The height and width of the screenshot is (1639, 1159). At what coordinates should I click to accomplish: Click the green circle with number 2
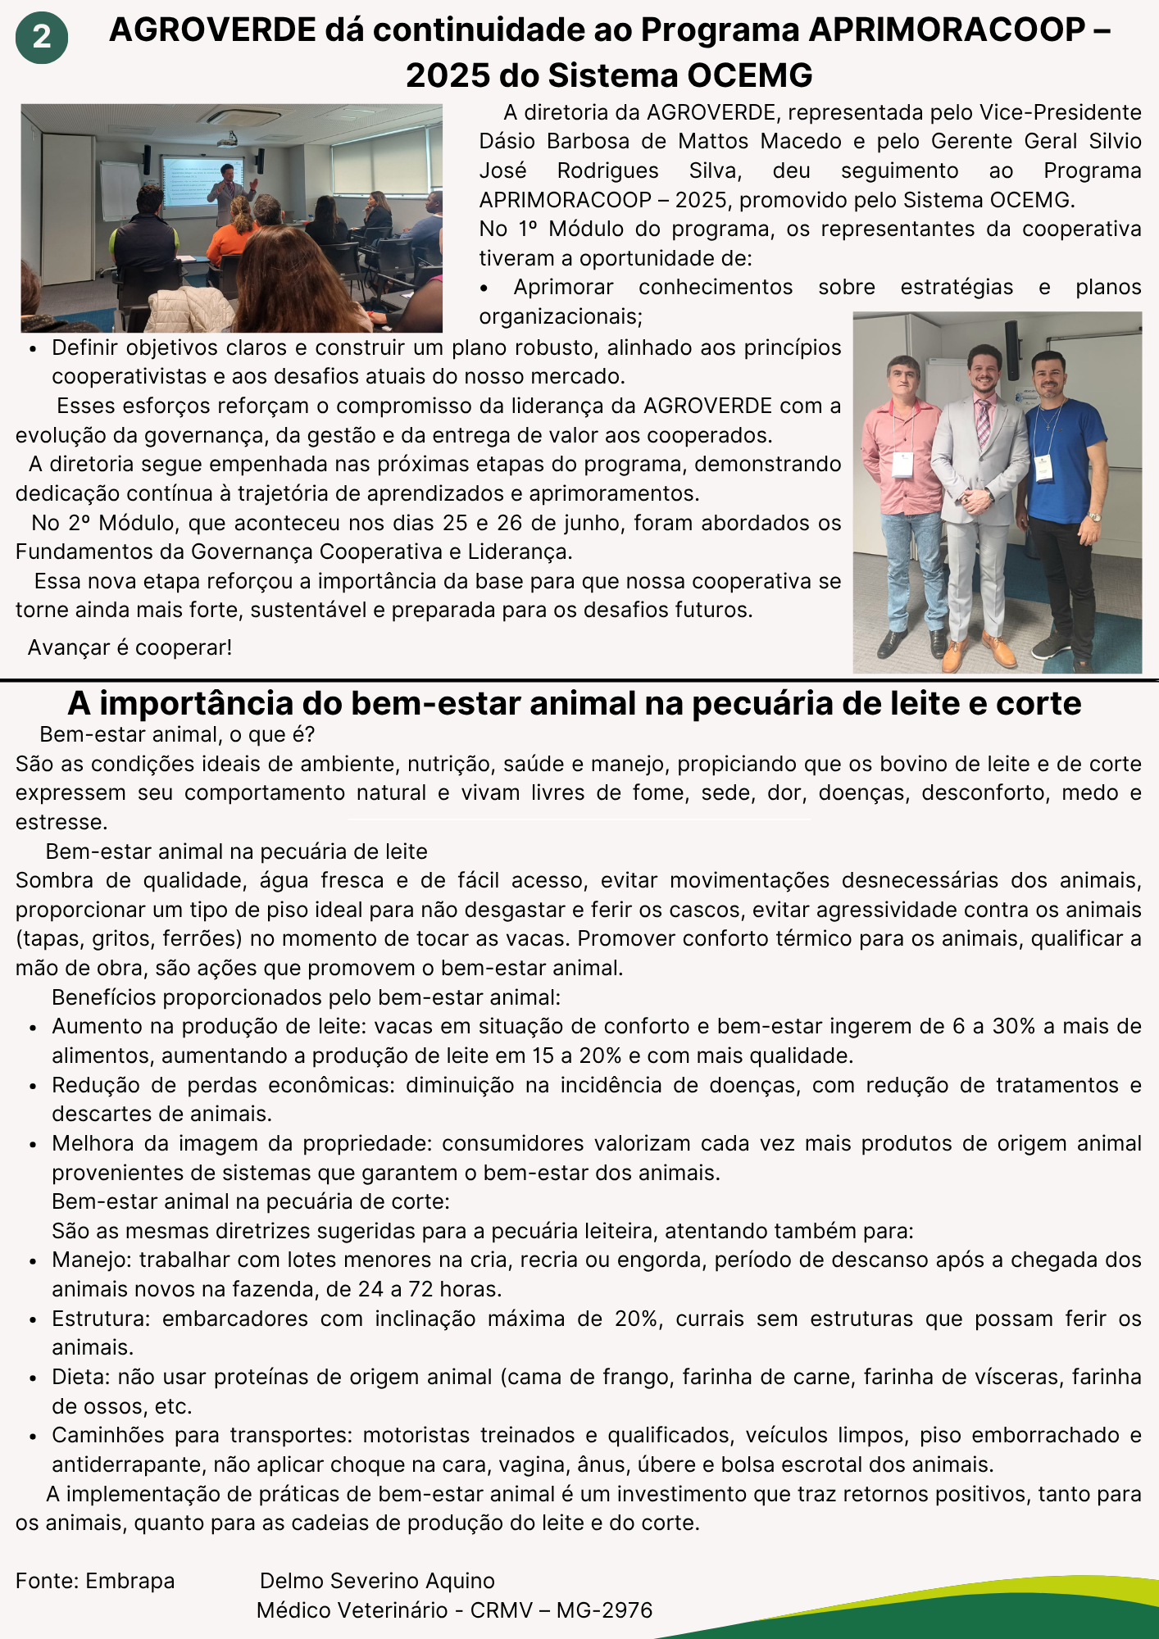coord(41,37)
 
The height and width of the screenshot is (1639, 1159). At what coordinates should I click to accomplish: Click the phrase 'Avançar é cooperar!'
coord(130,647)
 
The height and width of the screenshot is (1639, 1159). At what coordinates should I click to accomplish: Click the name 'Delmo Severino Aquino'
coord(377,1581)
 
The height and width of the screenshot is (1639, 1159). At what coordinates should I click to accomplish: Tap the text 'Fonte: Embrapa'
coord(95,1581)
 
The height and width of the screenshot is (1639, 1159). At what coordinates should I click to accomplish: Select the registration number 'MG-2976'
coord(604,1610)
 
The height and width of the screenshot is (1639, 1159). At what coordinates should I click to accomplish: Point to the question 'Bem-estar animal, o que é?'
coord(177,734)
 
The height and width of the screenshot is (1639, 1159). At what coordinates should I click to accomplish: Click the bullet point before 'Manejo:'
coord(33,1261)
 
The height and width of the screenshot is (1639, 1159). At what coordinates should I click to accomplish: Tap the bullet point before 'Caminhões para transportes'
coord(33,1437)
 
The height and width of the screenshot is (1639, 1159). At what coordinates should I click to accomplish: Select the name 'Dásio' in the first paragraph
coord(507,141)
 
